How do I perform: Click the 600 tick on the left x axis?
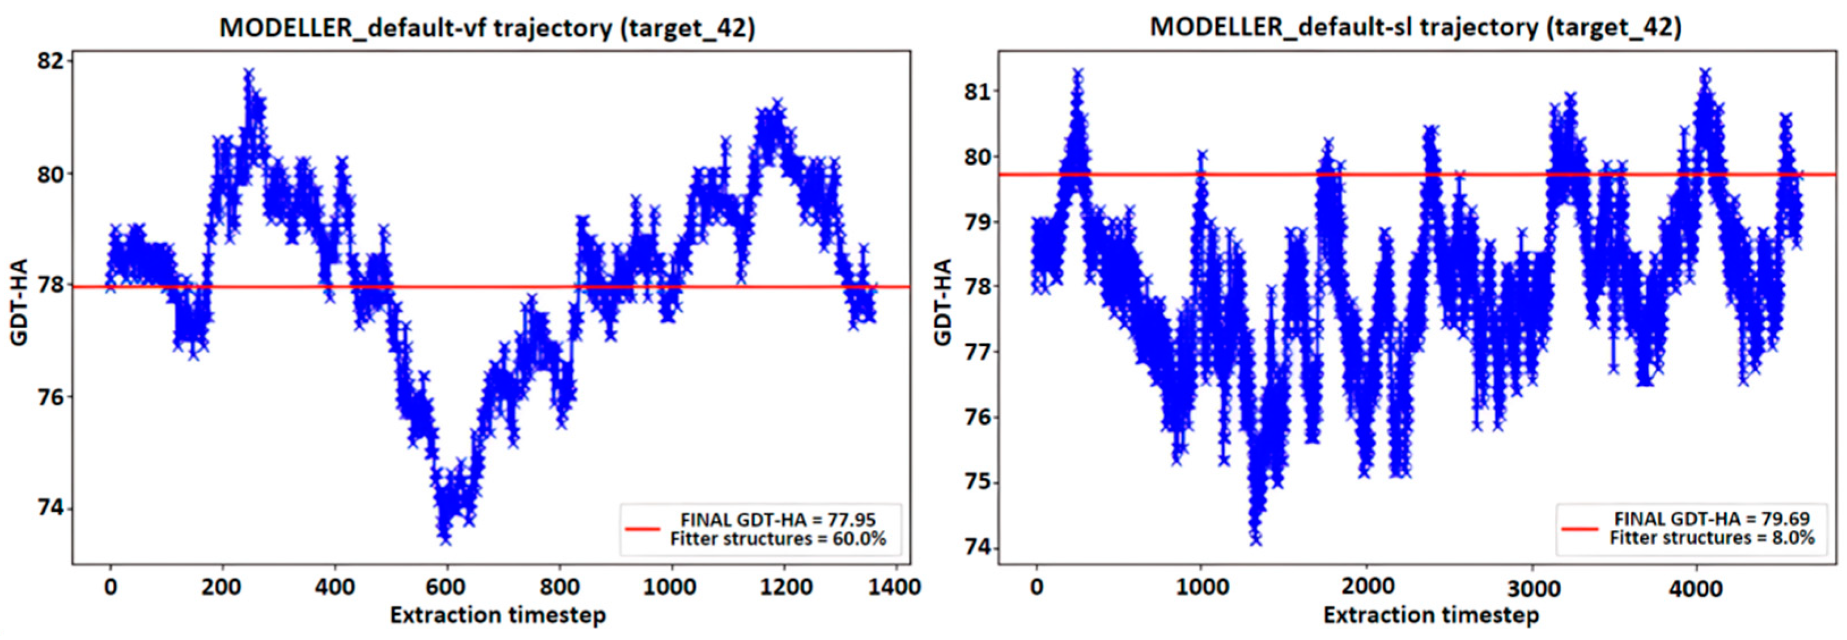click(x=445, y=587)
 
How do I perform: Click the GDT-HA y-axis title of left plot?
click(x=19, y=302)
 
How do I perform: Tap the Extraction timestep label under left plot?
click(x=498, y=616)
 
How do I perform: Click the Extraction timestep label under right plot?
click(x=1431, y=616)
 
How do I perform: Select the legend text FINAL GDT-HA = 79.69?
click(x=1712, y=519)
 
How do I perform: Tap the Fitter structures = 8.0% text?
click(x=1712, y=538)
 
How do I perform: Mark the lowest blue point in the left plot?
click(x=445, y=539)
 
